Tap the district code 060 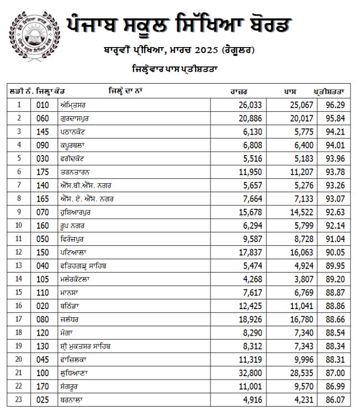(43, 117)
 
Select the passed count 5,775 (304, 131)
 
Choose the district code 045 (43, 358)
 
